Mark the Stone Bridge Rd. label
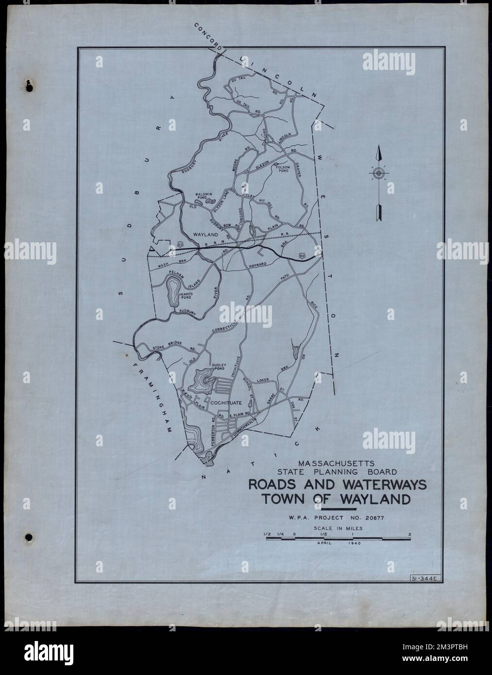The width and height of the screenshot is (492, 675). [x=167, y=346]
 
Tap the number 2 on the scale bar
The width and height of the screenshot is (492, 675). [x=410, y=535]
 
